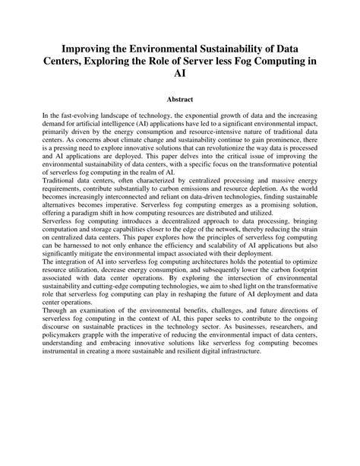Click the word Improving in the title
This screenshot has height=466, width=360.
[90, 47]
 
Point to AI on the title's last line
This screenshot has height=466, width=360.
[180, 74]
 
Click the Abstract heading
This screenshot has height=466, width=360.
[180, 99]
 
